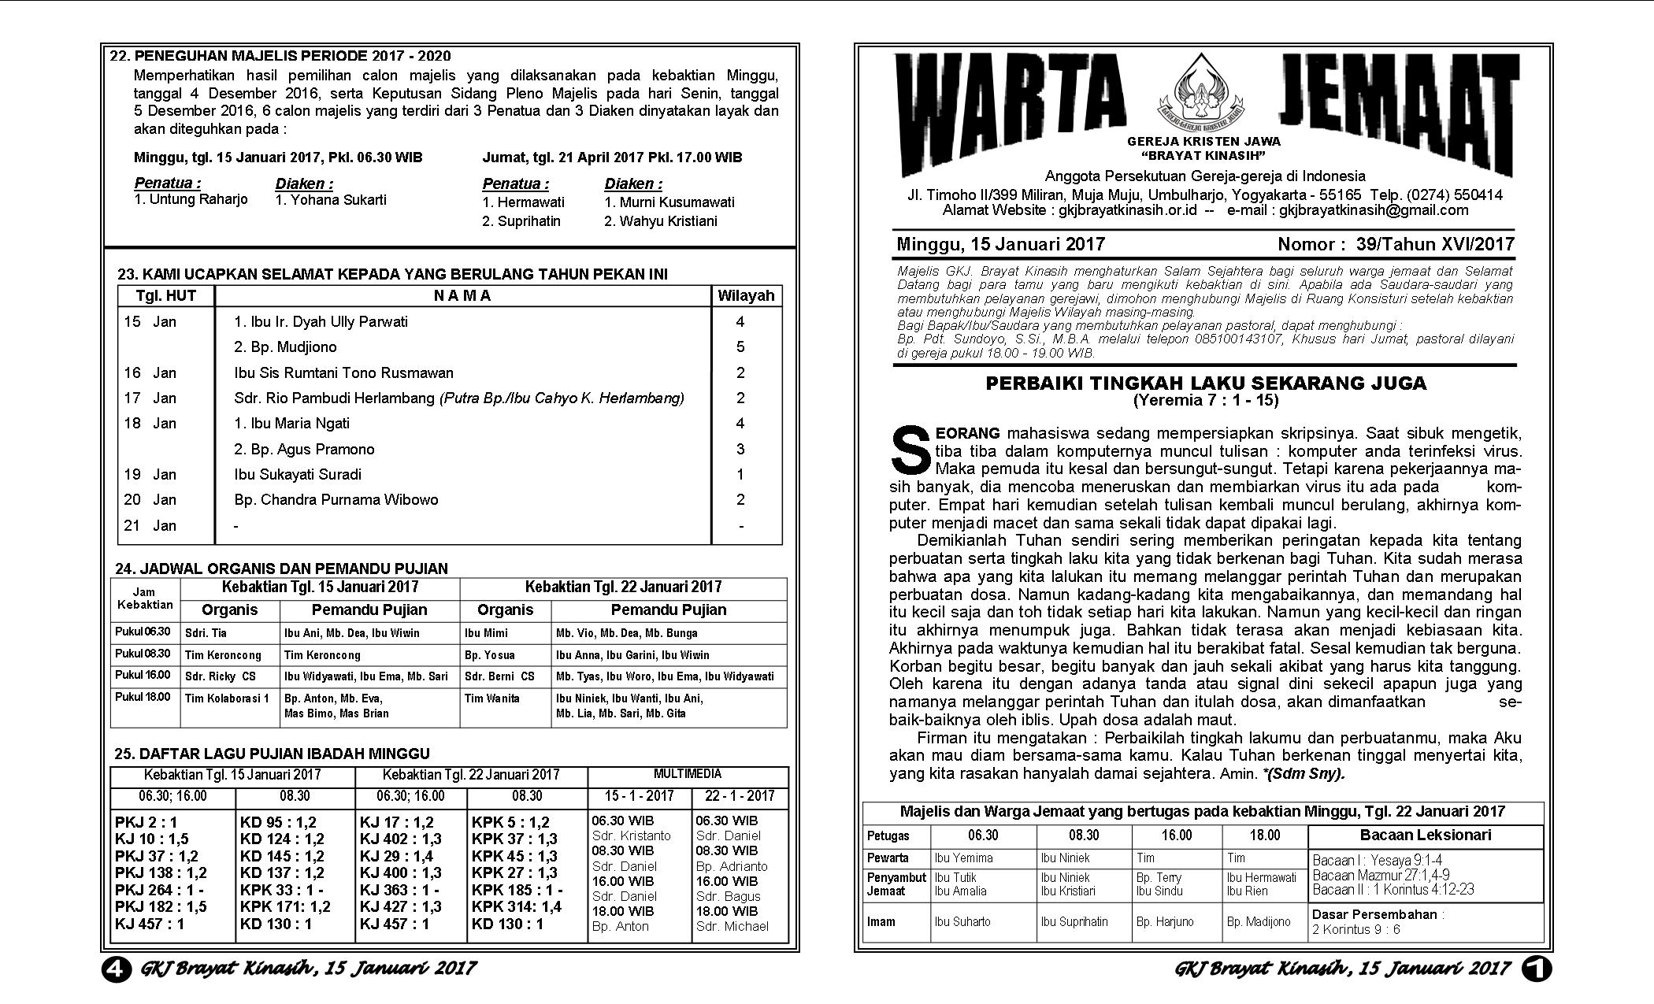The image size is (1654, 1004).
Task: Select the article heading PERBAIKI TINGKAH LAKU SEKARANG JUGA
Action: [1206, 383]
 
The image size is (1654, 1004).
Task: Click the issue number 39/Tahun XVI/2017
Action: [1435, 244]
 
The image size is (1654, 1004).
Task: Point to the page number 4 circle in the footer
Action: [117, 968]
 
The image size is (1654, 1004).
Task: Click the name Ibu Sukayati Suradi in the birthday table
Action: [298, 475]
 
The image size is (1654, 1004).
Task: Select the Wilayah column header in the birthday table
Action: [746, 296]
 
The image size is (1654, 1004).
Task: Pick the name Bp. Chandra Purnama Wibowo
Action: [336, 500]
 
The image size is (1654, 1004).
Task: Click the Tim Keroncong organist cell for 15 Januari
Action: [223, 655]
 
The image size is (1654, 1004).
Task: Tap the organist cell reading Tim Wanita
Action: [492, 698]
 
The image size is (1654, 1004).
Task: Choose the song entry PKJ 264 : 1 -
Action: [159, 890]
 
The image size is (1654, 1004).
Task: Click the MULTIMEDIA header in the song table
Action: [687, 775]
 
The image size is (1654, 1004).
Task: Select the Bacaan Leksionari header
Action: [1425, 835]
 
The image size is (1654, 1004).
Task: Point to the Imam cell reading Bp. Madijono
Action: [1259, 922]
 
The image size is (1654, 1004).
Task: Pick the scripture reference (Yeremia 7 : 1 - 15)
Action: [1206, 401]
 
